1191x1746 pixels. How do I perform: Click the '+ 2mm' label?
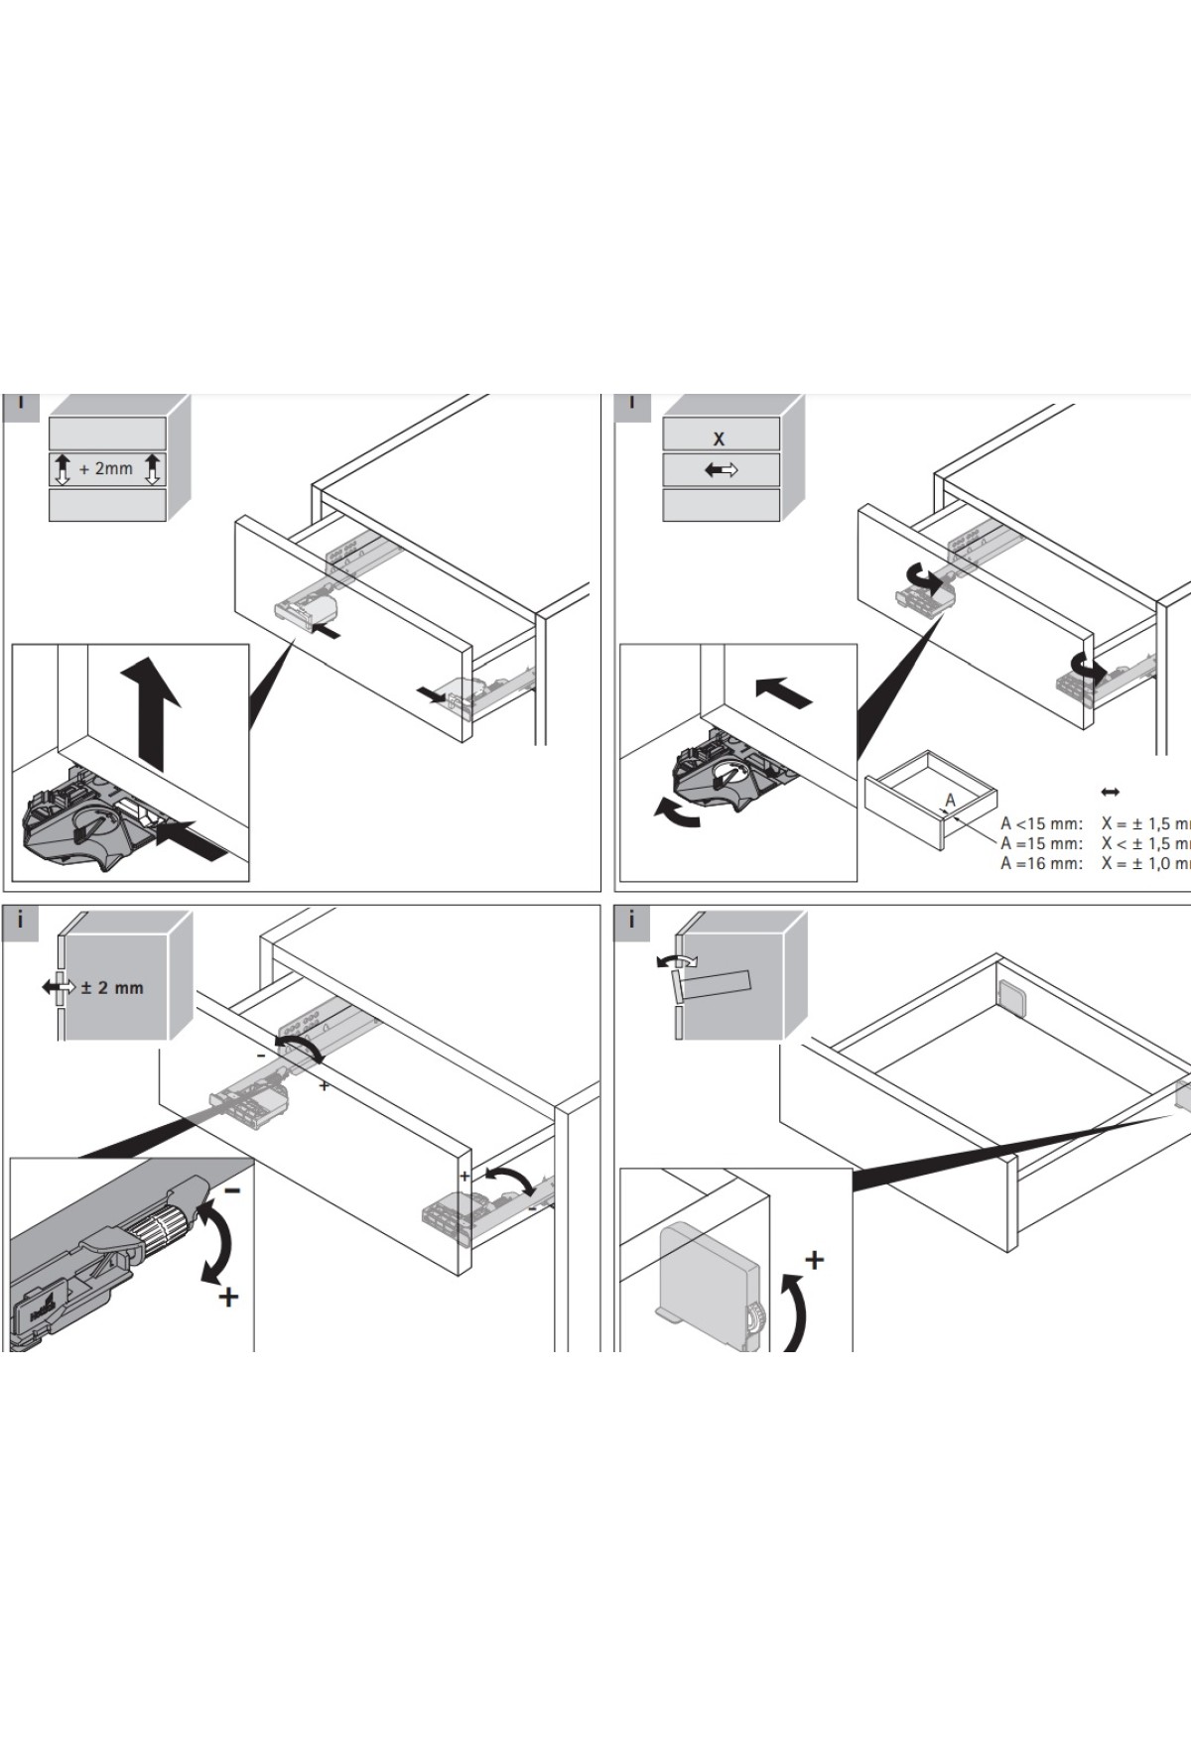click(x=106, y=468)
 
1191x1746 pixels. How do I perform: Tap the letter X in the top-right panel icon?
click(x=720, y=438)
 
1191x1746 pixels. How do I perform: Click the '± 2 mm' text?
click(x=112, y=988)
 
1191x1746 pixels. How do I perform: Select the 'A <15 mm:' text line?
click(x=1041, y=823)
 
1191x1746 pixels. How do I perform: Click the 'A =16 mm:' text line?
click(x=1041, y=863)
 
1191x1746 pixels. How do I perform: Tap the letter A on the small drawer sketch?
click(x=950, y=801)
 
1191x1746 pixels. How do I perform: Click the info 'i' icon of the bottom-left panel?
click(x=20, y=922)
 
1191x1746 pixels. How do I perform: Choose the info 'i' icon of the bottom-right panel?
click(x=631, y=922)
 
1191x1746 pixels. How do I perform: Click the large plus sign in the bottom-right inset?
click(x=814, y=1260)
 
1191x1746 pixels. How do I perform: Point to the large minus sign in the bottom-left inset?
click(x=231, y=1189)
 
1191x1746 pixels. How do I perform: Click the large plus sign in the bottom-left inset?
click(x=228, y=1297)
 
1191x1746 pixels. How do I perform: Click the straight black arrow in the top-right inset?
click(x=783, y=691)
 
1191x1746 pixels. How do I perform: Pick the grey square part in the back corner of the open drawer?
click(x=1011, y=996)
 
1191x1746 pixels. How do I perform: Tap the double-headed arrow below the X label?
click(x=722, y=470)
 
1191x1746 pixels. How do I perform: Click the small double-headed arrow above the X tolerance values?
click(x=1111, y=792)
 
